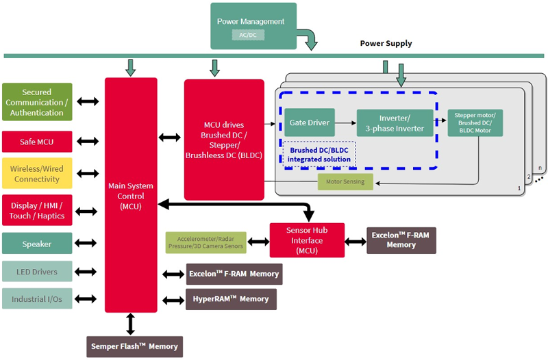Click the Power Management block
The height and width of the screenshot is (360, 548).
tap(253, 21)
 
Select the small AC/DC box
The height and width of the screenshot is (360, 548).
tap(247, 35)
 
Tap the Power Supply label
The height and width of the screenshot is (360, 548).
tap(386, 43)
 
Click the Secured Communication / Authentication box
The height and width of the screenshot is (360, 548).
tap(37, 102)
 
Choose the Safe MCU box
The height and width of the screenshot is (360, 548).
tap(37, 142)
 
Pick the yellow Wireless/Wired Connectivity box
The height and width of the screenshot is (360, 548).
tap(37, 173)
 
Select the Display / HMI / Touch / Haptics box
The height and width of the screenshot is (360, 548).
tap(37, 210)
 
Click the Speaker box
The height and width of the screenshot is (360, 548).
tap(37, 244)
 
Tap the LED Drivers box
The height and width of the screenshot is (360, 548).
tap(37, 272)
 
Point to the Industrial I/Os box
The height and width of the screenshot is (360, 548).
tap(37, 299)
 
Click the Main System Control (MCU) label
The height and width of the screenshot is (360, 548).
tap(131, 196)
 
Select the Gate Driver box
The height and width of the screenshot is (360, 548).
tap(309, 123)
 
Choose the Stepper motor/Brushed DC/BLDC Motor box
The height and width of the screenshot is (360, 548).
tap(475, 123)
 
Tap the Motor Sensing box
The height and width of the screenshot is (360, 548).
tap(346, 182)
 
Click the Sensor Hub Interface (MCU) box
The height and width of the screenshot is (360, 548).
tap(307, 240)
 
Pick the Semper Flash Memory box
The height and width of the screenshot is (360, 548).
tap(135, 346)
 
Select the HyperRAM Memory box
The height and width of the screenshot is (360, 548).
tap(230, 299)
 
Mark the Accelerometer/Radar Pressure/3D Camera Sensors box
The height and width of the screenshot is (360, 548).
tap(206, 242)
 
